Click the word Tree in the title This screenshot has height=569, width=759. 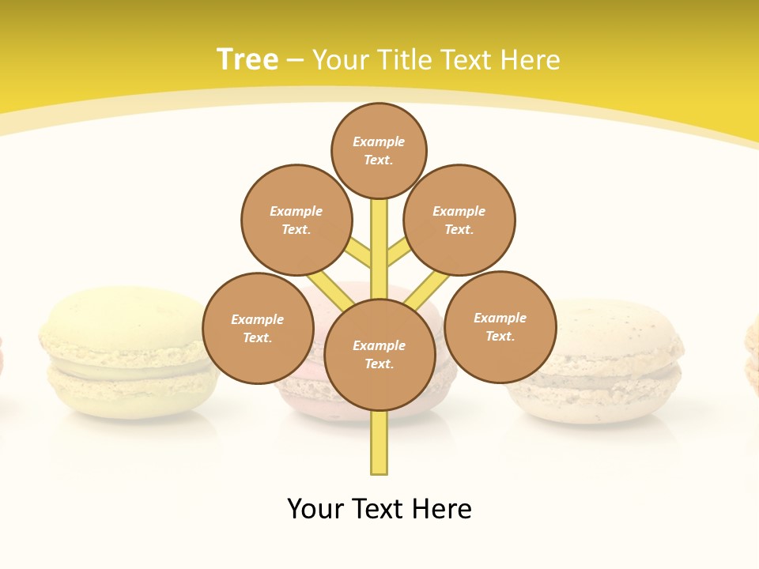point(247,59)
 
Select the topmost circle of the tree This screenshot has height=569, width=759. point(379,150)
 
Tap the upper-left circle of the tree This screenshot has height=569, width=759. point(296,220)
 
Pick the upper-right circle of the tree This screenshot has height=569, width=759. point(459,220)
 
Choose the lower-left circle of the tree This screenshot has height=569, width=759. point(258,328)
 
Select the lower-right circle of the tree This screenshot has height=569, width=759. point(500,326)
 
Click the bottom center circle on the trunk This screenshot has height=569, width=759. point(379,355)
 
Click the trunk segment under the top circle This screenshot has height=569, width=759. point(379,237)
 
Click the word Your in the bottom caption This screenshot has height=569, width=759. point(315,509)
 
